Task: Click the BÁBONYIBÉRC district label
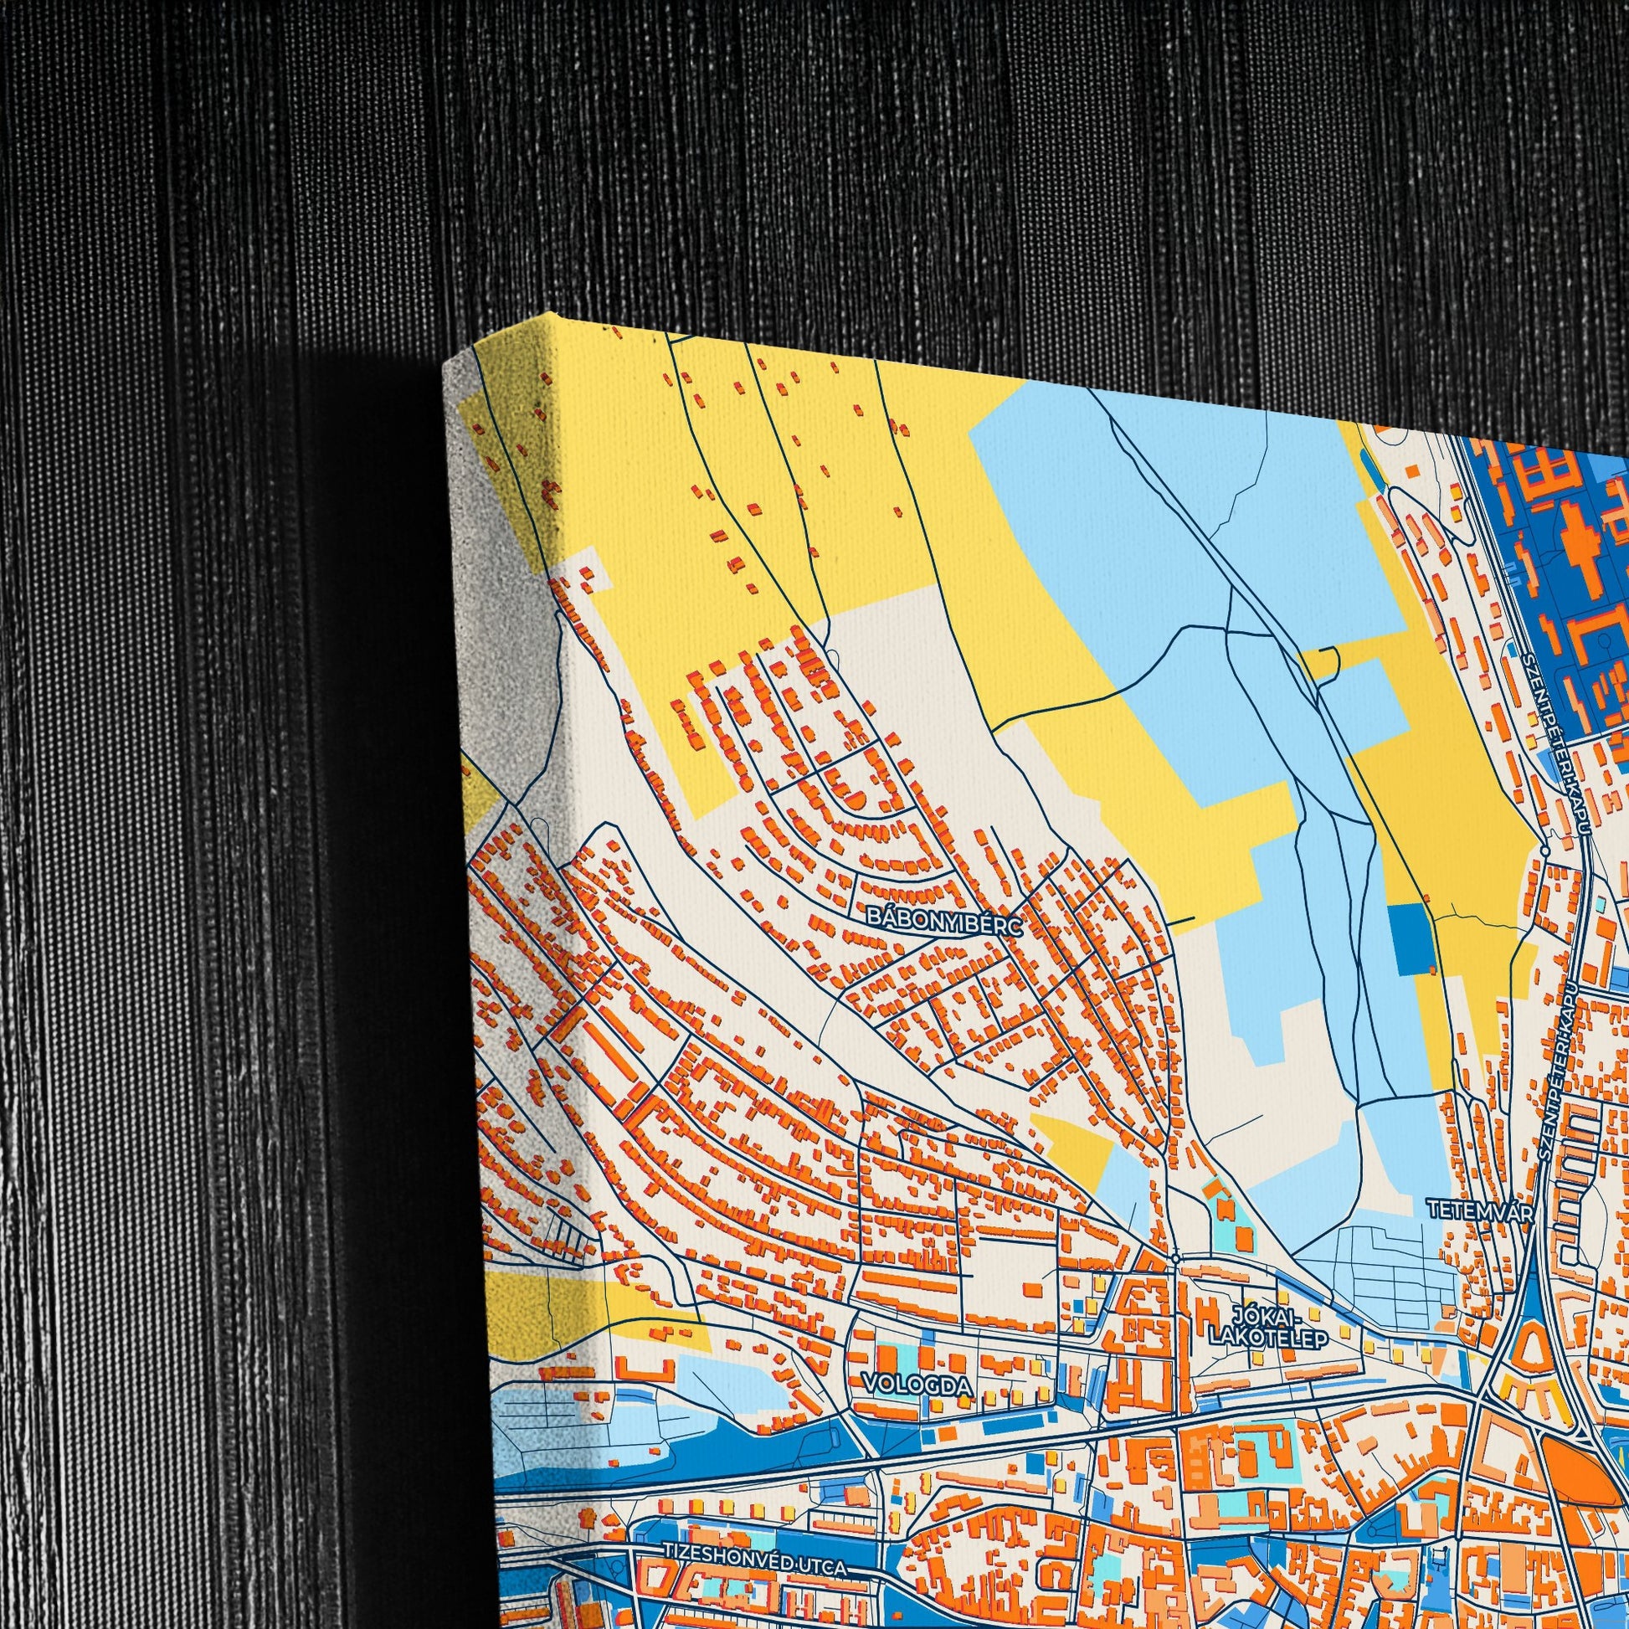click(943, 919)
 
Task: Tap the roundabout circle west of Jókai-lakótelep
click(1175, 1257)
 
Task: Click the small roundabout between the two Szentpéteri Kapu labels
click(1544, 851)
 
